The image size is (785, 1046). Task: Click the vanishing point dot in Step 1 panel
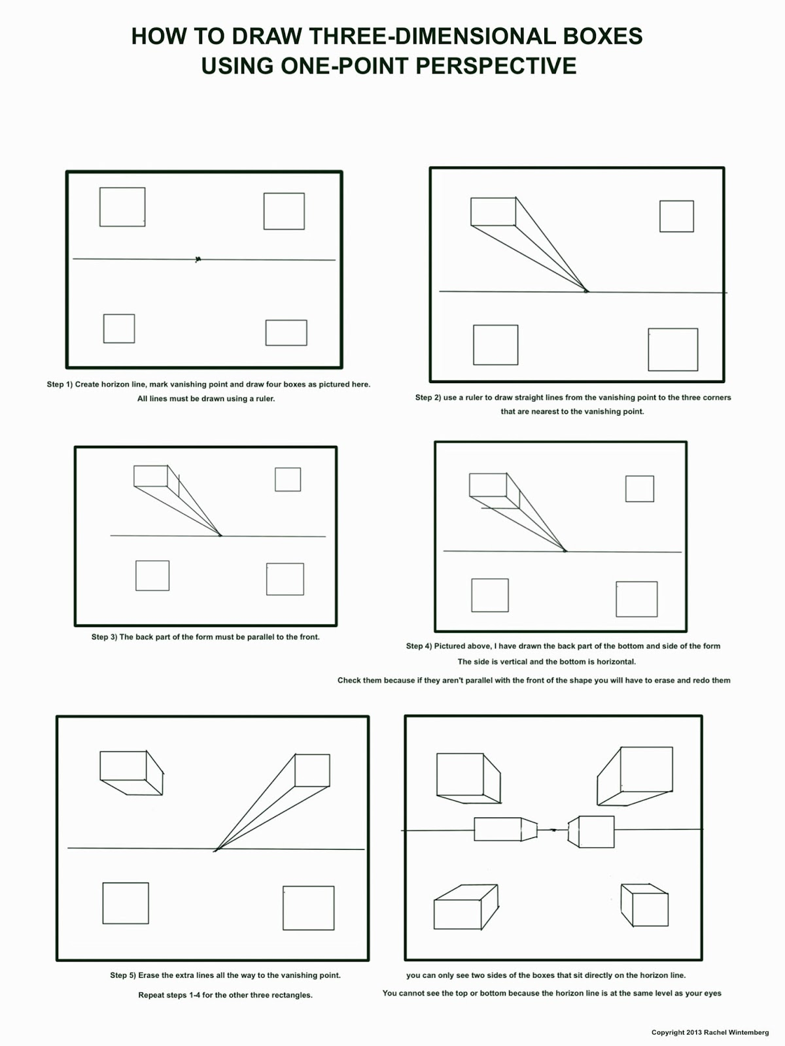[x=198, y=260]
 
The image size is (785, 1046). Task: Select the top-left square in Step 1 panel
[x=122, y=207]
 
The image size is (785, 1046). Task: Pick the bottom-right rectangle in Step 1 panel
[x=286, y=333]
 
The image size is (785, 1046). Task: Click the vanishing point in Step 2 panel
[x=586, y=291]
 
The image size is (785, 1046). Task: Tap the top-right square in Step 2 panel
[x=676, y=216]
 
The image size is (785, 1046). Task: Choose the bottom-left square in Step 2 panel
[x=495, y=345]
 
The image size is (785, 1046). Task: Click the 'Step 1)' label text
[x=60, y=384]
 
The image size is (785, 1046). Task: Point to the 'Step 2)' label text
[x=428, y=397]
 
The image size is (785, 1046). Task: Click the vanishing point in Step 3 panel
[x=220, y=535]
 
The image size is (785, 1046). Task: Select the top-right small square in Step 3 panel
[x=288, y=479]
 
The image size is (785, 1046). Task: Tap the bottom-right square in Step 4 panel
[x=637, y=599]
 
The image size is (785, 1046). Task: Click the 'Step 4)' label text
[x=419, y=646]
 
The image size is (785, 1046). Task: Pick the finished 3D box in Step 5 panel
[x=131, y=771]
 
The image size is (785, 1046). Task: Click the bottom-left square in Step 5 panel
[x=126, y=903]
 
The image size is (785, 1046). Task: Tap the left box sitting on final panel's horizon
[x=504, y=829]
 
